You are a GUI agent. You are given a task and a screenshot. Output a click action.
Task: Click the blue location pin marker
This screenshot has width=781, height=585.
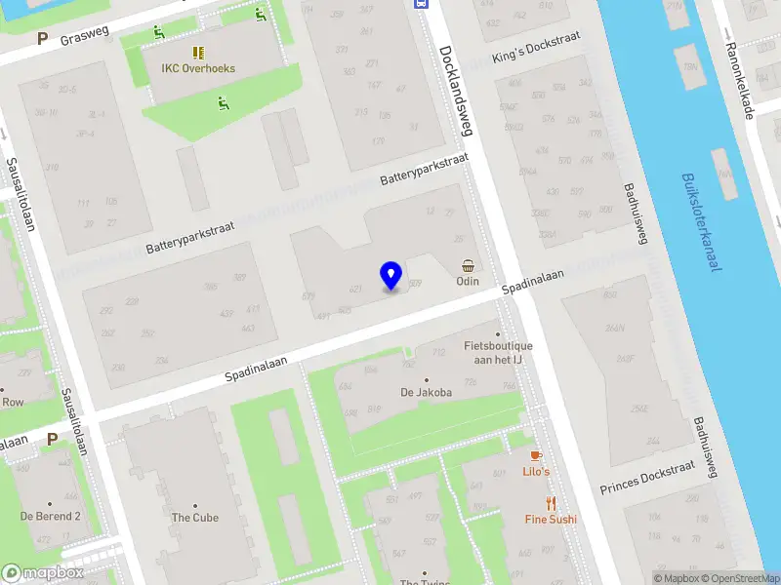[391, 276]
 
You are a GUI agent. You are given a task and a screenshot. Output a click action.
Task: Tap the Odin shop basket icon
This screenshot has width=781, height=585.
[469, 265]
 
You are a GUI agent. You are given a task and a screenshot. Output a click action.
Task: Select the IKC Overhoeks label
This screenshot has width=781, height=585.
[198, 69]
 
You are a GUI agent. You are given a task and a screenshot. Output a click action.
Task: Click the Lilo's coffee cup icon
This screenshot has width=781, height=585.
[536, 455]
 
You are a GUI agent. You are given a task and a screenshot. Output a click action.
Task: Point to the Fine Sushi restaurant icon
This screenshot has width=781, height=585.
[551, 503]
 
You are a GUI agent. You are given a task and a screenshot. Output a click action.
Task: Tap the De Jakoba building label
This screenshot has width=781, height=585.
[426, 392]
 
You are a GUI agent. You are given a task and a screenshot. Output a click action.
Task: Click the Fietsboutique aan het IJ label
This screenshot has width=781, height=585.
[498, 353]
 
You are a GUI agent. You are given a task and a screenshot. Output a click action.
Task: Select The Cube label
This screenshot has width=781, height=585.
[195, 518]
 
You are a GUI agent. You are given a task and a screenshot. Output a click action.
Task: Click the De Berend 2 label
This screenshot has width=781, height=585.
[51, 516]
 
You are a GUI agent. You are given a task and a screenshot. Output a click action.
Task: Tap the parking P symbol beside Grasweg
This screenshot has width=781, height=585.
[42, 39]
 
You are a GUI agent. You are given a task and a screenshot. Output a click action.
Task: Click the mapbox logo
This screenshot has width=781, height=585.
[42, 573]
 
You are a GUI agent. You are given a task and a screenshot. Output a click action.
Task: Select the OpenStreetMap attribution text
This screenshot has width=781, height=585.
[738, 578]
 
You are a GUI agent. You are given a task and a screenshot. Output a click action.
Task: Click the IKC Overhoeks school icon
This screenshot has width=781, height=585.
[198, 53]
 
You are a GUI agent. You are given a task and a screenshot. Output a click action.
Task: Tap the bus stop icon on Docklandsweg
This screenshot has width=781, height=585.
[421, 4]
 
